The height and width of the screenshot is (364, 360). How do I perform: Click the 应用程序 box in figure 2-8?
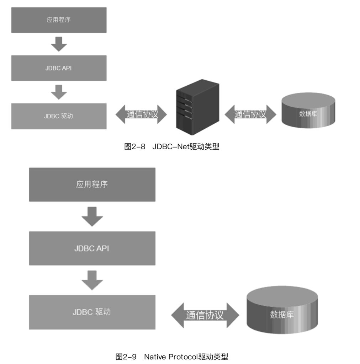(x=59, y=20)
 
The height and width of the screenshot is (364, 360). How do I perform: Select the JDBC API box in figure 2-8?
(x=59, y=68)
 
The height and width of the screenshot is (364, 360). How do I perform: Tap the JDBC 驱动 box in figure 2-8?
(x=59, y=116)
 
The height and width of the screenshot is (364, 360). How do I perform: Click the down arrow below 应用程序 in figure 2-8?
(x=59, y=44)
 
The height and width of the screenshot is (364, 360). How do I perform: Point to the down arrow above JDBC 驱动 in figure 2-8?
(x=59, y=92)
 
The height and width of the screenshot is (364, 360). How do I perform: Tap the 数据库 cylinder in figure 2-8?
(x=308, y=114)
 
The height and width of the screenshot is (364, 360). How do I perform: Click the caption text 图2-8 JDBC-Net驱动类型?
(x=171, y=147)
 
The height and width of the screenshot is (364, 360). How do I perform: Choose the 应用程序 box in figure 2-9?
(x=92, y=184)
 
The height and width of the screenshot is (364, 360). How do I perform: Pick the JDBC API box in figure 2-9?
(x=92, y=248)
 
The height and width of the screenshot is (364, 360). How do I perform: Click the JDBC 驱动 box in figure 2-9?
(x=92, y=312)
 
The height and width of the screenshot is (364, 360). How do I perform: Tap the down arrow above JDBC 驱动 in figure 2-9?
(x=92, y=280)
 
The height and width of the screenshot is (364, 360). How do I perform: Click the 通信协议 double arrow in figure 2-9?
(x=205, y=315)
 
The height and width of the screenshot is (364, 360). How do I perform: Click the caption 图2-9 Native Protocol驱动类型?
(x=171, y=357)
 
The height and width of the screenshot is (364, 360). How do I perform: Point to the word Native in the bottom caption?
(x=155, y=357)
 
